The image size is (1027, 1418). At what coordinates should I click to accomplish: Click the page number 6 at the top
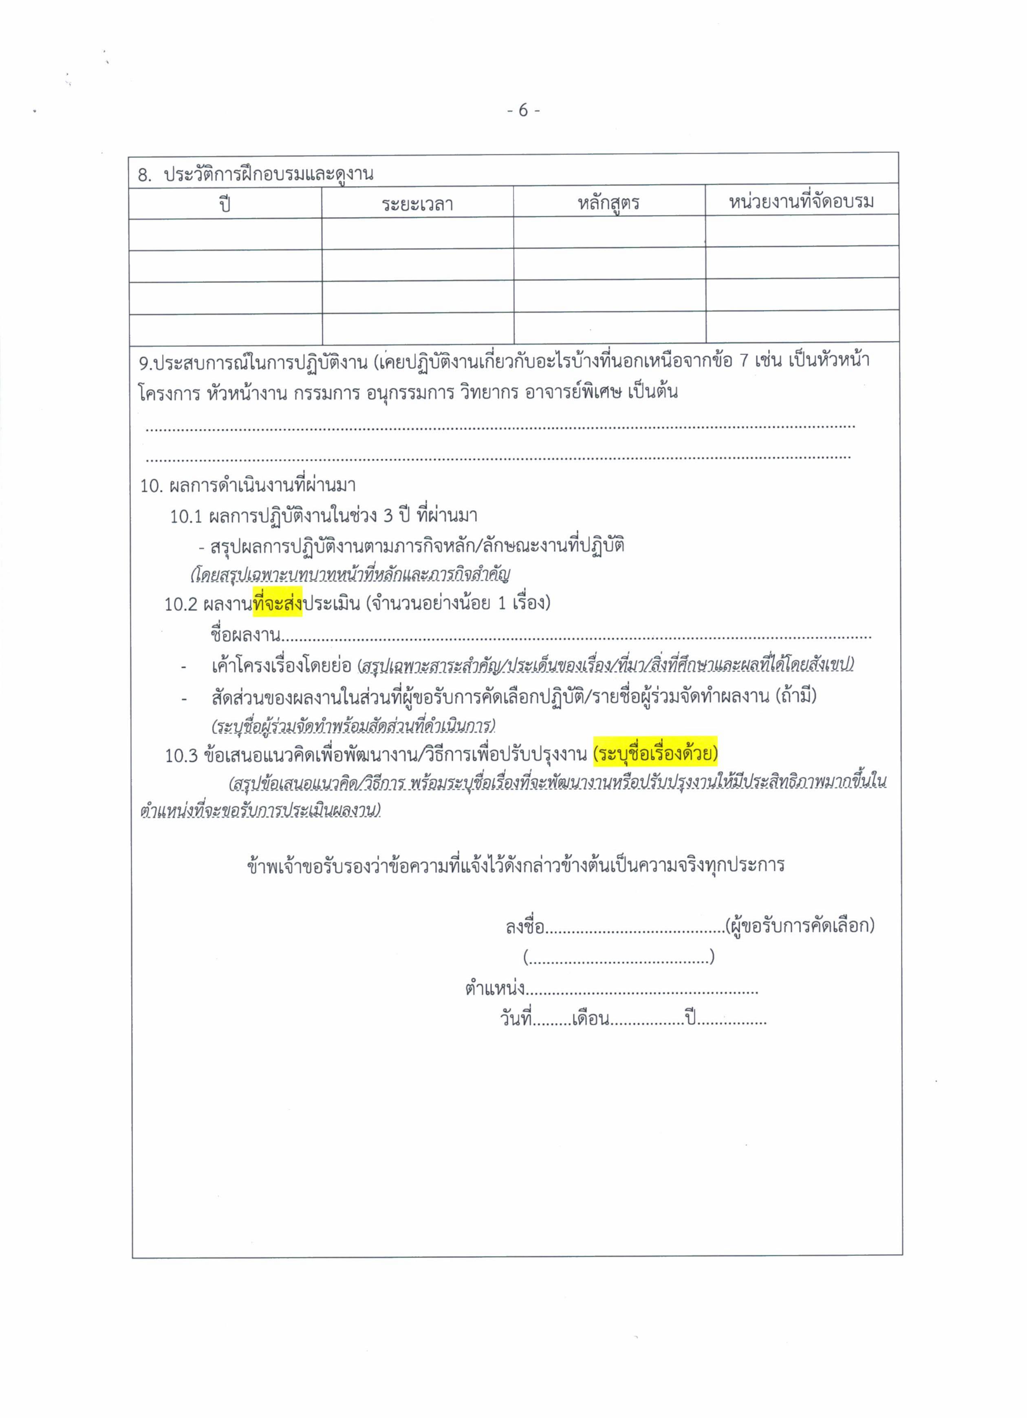(524, 111)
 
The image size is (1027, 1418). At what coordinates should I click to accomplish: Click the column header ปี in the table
(225, 203)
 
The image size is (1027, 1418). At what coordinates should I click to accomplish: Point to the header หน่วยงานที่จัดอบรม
(801, 201)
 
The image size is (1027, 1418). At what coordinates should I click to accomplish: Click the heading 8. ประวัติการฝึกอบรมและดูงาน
(255, 174)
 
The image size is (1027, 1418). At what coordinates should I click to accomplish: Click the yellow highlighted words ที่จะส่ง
(278, 604)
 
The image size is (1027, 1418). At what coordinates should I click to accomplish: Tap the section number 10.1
(186, 516)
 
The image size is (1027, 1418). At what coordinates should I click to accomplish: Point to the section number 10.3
(181, 755)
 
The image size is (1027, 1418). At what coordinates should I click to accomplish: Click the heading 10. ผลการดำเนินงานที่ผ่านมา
(248, 486)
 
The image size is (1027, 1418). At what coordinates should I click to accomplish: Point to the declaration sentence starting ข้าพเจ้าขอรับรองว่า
(516, 865)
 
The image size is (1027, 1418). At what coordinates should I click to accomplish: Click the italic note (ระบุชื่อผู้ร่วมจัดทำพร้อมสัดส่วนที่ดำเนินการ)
(353, 726)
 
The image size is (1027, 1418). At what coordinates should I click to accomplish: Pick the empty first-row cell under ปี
(225, 234)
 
